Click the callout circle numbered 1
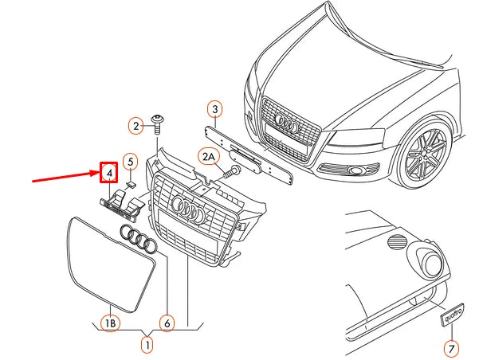coord(147,346)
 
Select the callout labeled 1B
coord(109,323)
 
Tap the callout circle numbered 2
coord(137,125)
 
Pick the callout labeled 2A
coord(208,157)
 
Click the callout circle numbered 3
coord(214,109)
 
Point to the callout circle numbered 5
coord(130,162)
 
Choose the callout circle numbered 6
coord(167,323)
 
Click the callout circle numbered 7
coord(450,347)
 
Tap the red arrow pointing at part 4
coord(64,177)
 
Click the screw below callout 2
coord(160,123)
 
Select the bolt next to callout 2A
coord(232,170)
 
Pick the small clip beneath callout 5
coord(132,184)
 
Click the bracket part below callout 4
coord(120,205)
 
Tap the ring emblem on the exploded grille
coord(190,210)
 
